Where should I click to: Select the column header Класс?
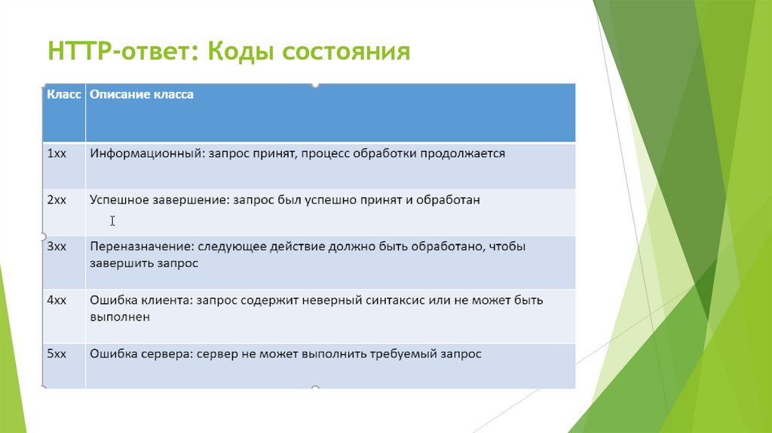pyautogui.click(x=64, y=95)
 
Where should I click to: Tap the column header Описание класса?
pyautogui.click(x=142, y=95)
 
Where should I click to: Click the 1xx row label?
pyautogui.click(x=57, y=153)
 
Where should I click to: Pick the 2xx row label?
pyautogui.click(x=57, y=200)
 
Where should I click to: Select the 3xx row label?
pyautogui.click(x=57, y=247)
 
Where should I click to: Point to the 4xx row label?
pyautogui.click(x=57, y=300)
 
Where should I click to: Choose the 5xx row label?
pyautogui.click(x=57, y=353)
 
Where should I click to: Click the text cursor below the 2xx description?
pyautogui.click(x=112, y=221)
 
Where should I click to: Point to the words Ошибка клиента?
pyautogui.click(x=139, y=300)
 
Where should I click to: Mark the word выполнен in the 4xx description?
pyautogui.click(x=120, y=318)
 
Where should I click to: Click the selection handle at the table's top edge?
pyautogui.click(x=315, y=84)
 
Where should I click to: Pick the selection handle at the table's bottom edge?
pyautogui.click(x=315, y=388)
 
